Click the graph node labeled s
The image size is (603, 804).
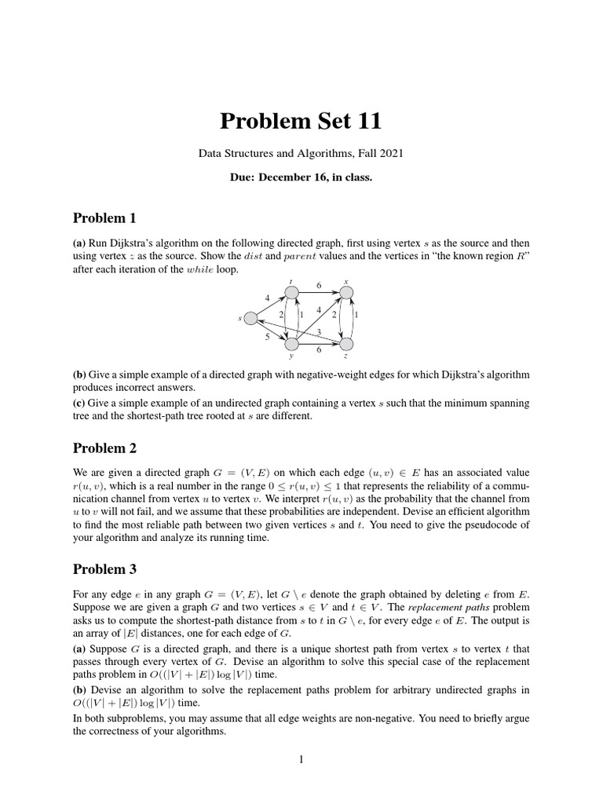(x=250, y=318)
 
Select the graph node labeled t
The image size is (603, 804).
(x=291, y=292)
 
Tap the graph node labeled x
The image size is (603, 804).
(x=346, y=292)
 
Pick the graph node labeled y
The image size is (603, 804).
(x=291, y=344)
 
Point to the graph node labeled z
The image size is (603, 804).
(x=346, y=344)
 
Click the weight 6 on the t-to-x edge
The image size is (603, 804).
(x=319, y=285)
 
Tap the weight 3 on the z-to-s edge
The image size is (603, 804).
(x=318, y=332)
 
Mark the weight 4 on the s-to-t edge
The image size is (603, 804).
(x=267, y=298)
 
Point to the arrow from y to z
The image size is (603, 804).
(x=319, y=344)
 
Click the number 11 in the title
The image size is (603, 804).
(x=367, y=121)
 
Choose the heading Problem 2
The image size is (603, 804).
(x=104, y=448)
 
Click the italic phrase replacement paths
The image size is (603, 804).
(x=444, y=608)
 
